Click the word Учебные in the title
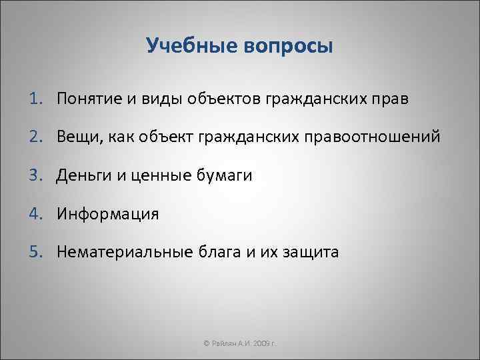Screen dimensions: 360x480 [x=191, y=47]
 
